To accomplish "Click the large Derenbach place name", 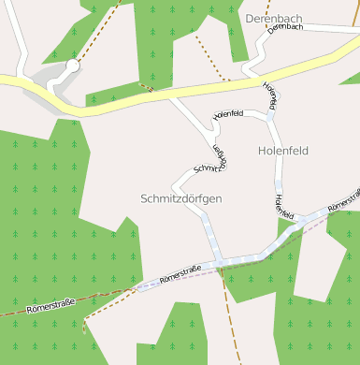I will point(275,18).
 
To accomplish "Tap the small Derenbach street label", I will point(284,28).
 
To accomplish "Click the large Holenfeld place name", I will point(282,150).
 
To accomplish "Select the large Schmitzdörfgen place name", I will point(181,199).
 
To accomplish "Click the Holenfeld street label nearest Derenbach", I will point(270,94).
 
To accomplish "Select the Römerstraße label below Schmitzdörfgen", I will point(182,273).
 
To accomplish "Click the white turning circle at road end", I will point(72,66).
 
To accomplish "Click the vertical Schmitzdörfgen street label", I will point(218,157).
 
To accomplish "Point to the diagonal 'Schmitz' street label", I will point(206,169).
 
